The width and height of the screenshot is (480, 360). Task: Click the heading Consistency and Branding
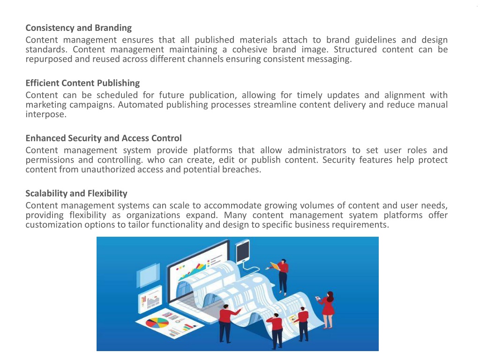79,28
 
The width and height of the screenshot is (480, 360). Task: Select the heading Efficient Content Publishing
82,83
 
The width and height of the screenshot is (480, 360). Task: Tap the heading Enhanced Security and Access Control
104,138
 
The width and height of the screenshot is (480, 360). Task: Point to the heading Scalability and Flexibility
76,194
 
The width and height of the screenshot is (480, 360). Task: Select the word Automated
141,105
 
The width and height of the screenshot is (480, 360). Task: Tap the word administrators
317,150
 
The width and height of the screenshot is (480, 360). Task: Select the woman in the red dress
328,309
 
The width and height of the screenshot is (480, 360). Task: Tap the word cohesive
250,50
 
